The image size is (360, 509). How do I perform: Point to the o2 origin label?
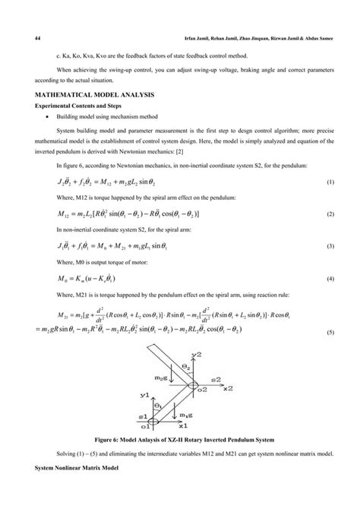(x=203, y=390)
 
